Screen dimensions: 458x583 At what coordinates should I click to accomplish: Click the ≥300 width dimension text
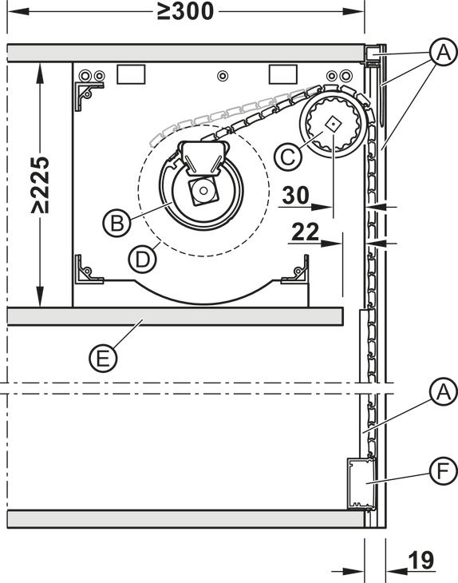coord(185,11)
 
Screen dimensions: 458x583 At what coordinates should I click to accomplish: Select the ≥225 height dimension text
coord(40,184)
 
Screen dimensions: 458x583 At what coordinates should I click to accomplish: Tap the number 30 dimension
coord(295,195)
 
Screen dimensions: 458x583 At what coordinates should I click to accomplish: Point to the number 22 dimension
coord(306,232)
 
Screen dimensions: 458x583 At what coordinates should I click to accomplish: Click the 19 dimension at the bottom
coord(420,561)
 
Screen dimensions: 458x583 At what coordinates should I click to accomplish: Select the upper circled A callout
coord(443,52)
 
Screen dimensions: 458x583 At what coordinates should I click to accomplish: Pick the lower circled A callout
coord(443,393)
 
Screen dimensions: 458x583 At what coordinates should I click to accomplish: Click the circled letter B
coord(117,224)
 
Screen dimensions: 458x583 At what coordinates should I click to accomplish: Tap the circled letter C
coord(288,157)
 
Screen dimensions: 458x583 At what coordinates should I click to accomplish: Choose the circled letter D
coord(142,259)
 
